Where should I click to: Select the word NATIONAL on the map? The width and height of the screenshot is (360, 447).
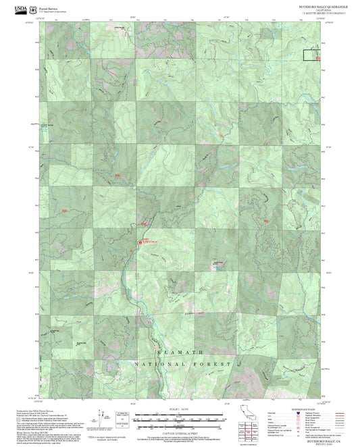coord(159,364)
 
